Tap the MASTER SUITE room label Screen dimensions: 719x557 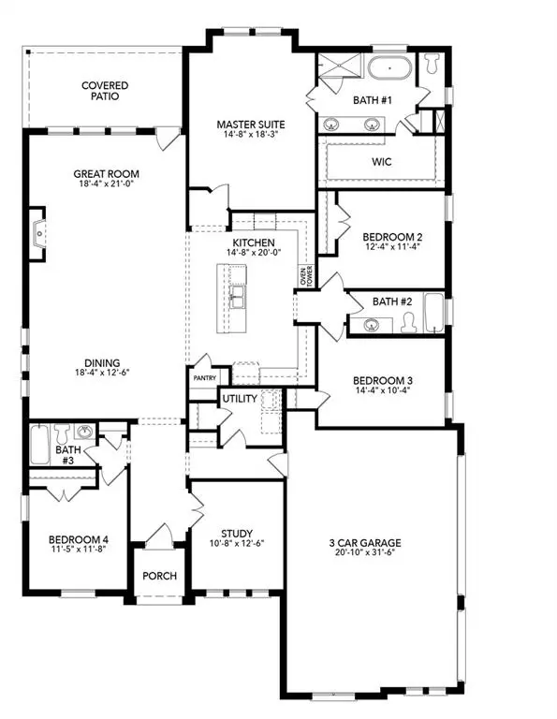[250, 124]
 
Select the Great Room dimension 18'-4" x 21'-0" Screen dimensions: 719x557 [107, 184]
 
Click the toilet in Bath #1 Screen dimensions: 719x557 [432, 65]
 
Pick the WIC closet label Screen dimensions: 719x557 [381, 162]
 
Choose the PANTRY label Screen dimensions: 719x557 [204, 377]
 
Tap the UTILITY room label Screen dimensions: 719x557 [239, 399]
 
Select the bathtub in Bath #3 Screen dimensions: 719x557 [38, 444]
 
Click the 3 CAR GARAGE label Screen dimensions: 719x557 [366, 542]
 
